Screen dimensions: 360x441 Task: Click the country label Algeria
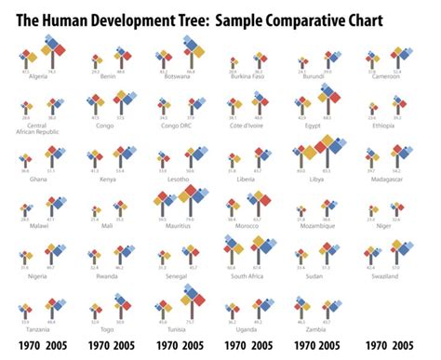coord(37,76)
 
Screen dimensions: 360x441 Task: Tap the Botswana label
coord(177,76)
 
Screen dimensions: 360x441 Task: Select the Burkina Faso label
coord(247,76)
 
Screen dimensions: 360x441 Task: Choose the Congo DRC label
coord(177,126)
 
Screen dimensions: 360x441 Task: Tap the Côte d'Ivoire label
coord(247,126)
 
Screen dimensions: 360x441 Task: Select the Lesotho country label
coord(177,177)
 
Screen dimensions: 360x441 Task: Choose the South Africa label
coord(247,276)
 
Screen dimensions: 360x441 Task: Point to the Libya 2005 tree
coord(332,153)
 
